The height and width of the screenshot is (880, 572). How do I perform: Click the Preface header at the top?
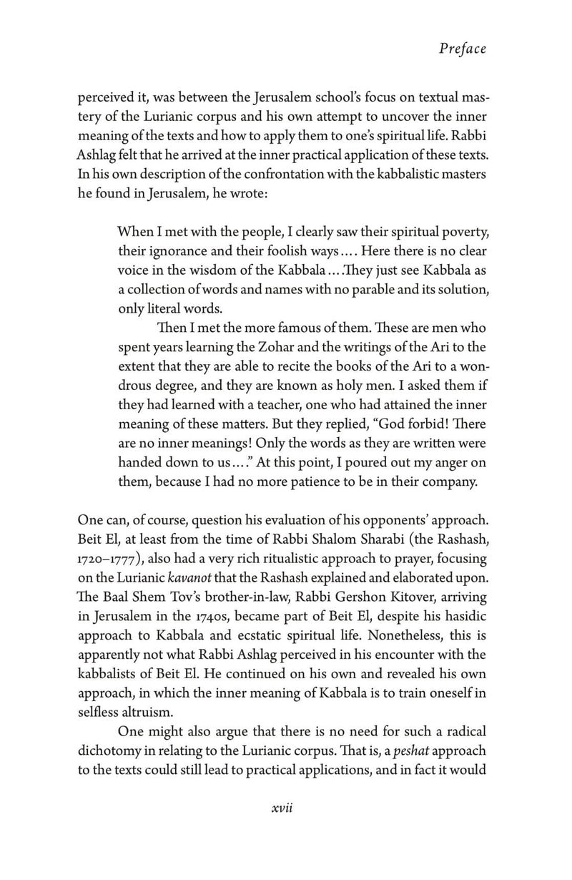click(x=463, y=49)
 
